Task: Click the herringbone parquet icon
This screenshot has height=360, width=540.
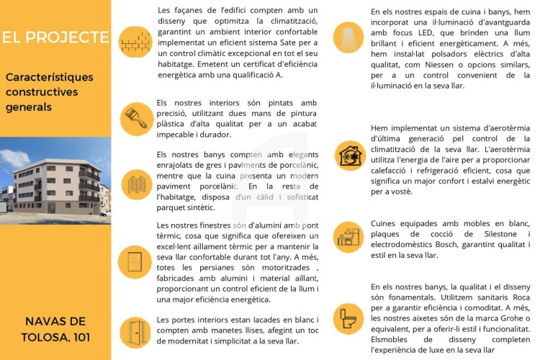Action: (x=135, y=184)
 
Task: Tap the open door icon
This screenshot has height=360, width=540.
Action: (x=135, y=333)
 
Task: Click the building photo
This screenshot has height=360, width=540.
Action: (x=55, y=180)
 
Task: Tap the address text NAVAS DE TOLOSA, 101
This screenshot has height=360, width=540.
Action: (x=55, y=328)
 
